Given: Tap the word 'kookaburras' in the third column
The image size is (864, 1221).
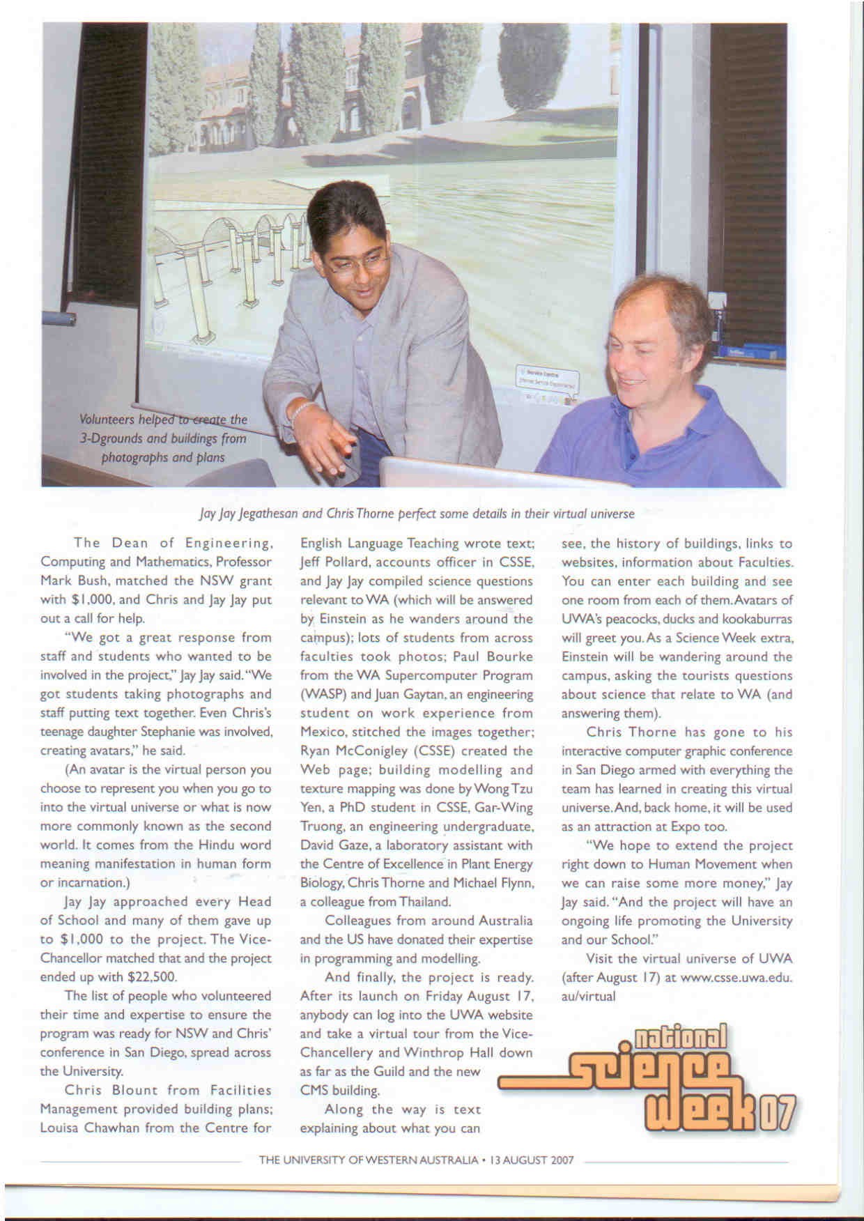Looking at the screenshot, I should pyautogui.click(x=759, y=619).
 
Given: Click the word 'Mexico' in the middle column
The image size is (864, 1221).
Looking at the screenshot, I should pyautogui.click(x=322, y=732).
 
